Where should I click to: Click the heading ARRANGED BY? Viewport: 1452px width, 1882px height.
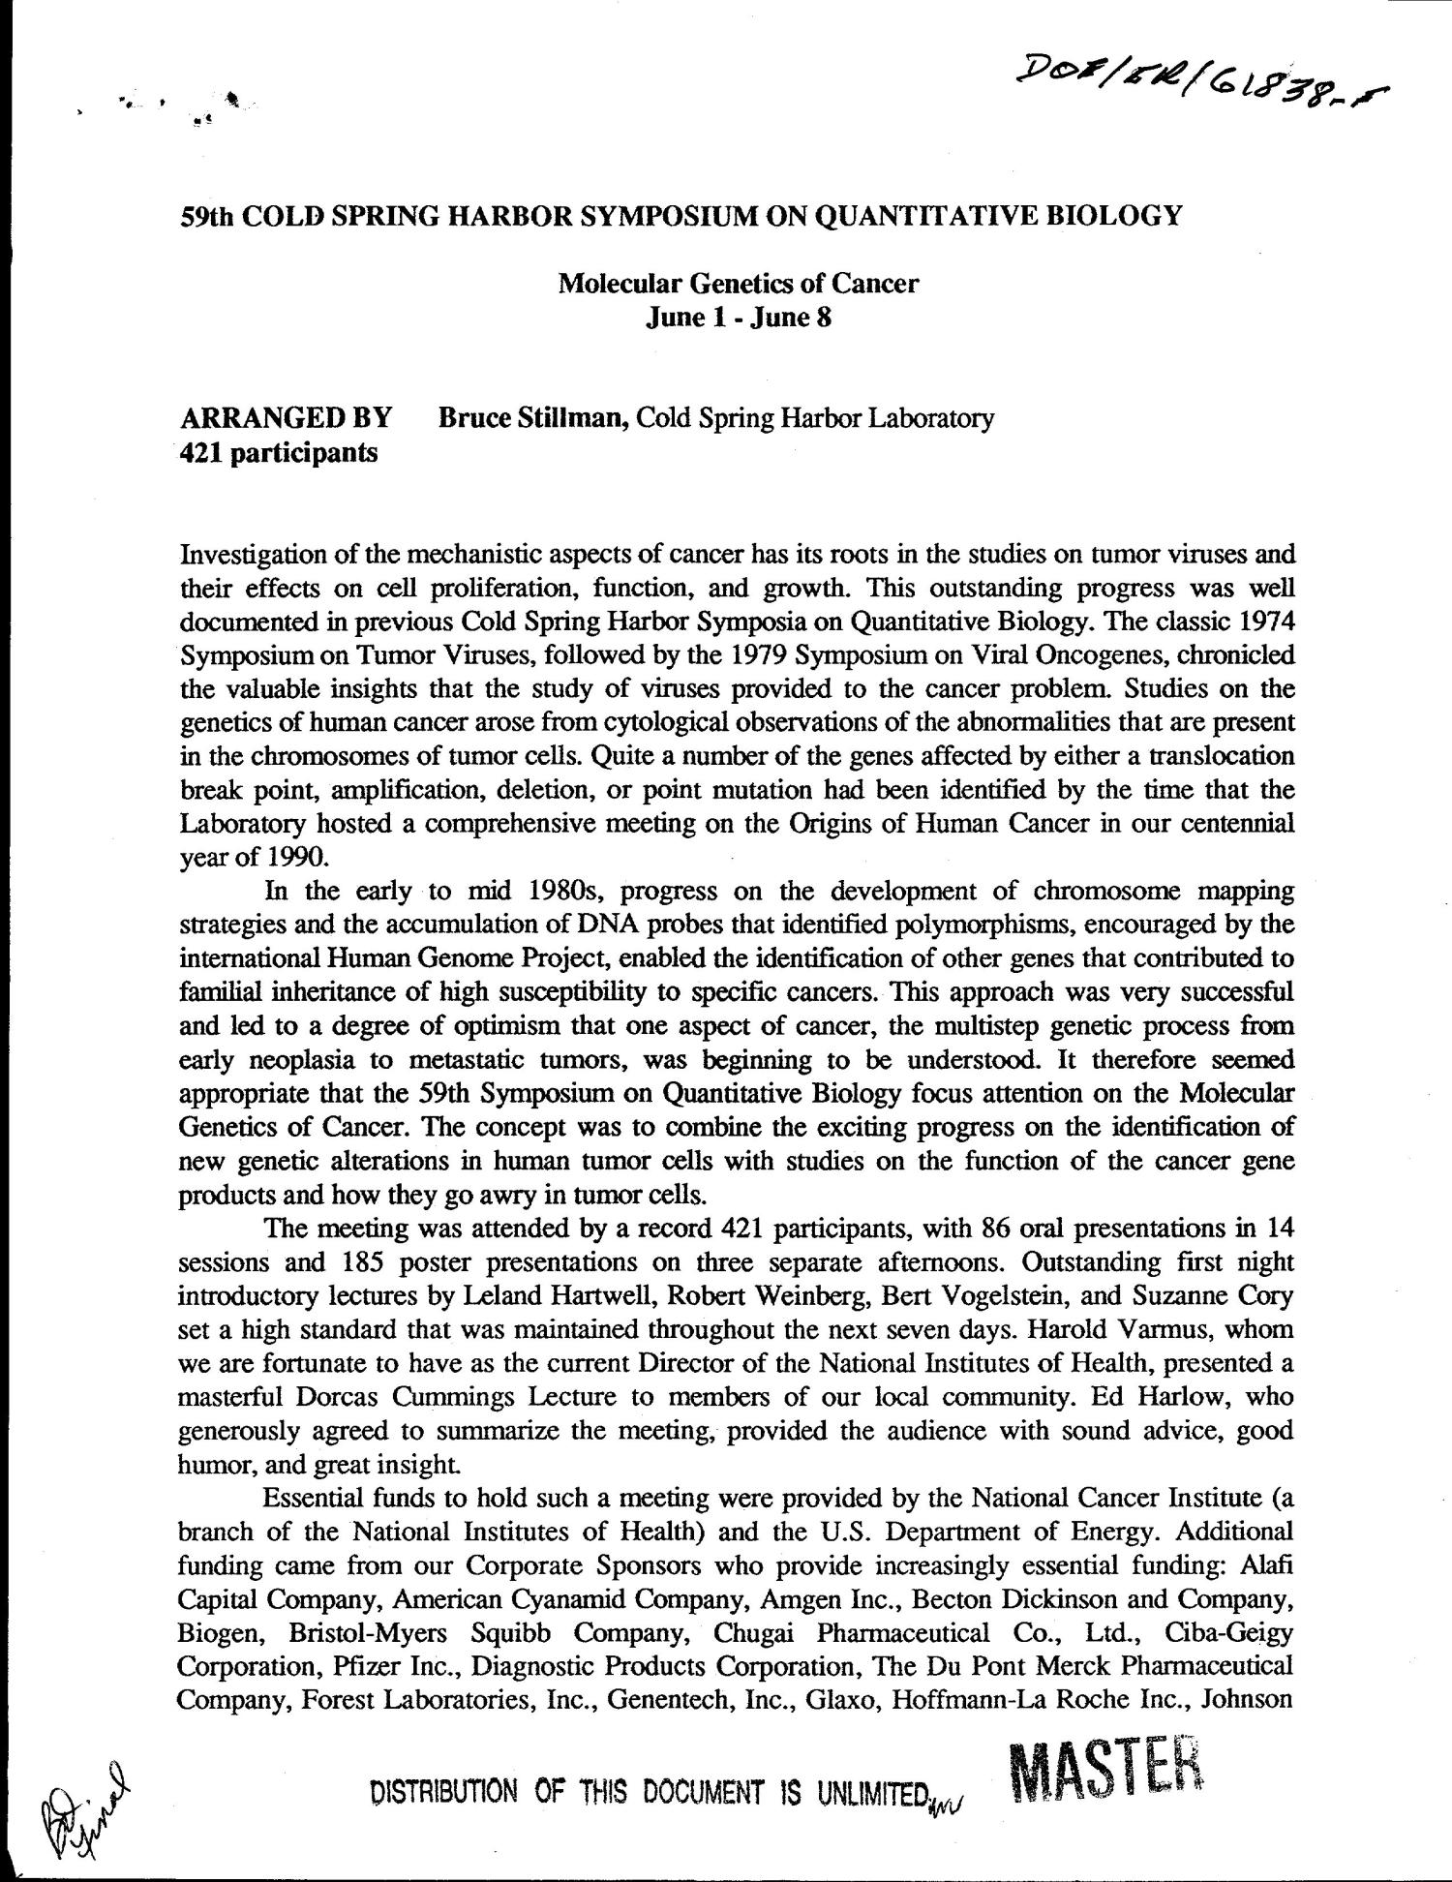[287, 418]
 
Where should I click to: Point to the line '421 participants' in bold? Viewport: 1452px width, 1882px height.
[279, 451]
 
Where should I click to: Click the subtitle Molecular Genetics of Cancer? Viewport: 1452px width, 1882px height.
[738, 284]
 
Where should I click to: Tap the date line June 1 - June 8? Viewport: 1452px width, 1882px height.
[738, 317]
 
